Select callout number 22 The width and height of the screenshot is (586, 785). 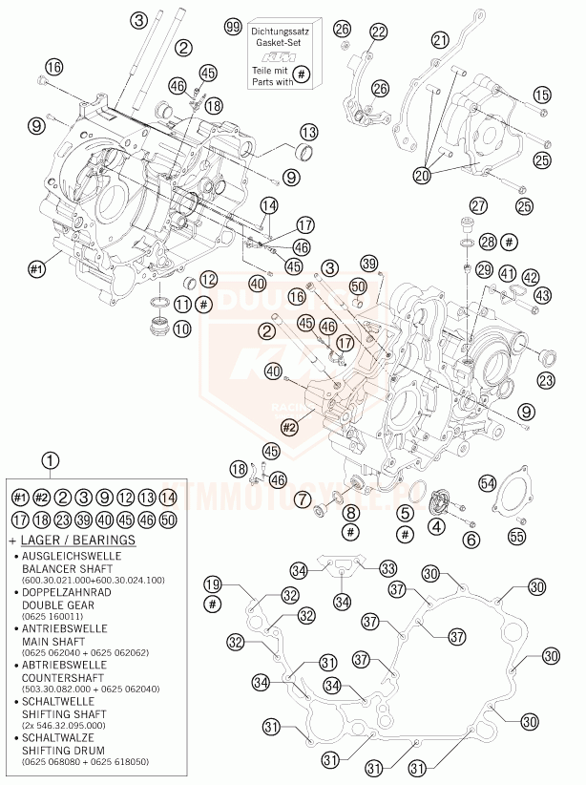click(379, 32)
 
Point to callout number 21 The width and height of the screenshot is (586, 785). click(440, 40)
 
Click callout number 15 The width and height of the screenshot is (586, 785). click(542, 94)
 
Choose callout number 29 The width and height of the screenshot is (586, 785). click(485, 269)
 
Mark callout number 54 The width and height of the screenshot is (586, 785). click(488, 483)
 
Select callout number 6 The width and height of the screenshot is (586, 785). click(471, 539)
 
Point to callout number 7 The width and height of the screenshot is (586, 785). click(302, 499)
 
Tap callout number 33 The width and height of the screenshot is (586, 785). click(387, 567)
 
